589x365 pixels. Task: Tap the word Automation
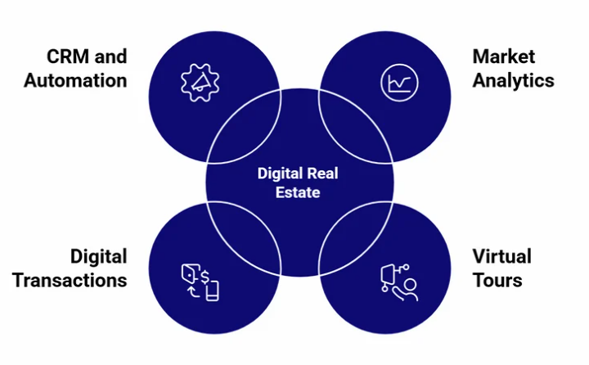point(75,80)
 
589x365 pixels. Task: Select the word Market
point(504,56)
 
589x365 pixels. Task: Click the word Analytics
point(514,80)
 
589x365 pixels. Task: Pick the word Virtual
point(501,256)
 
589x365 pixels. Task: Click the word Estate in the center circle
point(299,193)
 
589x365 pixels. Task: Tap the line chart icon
point(398,83)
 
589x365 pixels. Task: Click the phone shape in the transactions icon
point(212,291)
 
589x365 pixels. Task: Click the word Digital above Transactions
point(98,256)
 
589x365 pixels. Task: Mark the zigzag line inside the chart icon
point(398,83)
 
